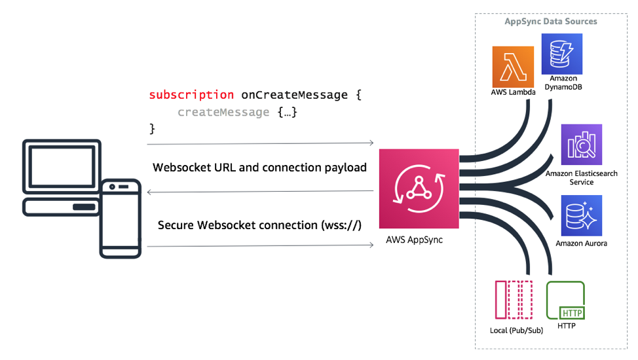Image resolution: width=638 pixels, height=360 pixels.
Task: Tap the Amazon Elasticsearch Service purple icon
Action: click(581, 144)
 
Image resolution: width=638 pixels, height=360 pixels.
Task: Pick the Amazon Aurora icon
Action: click(581, 215)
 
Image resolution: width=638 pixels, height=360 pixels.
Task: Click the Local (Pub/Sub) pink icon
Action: click(514, 300)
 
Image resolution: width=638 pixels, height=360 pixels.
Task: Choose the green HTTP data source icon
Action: click(565, 300)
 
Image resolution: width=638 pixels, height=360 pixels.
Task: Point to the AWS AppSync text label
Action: click(415, 240)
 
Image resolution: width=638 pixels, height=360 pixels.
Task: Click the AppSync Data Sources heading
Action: click(550, 21)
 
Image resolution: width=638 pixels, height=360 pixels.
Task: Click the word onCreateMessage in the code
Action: click(294, 95)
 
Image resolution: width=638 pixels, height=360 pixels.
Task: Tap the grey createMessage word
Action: click(223, 112)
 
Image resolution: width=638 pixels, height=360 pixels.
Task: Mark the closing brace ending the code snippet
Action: click(153, 129)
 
